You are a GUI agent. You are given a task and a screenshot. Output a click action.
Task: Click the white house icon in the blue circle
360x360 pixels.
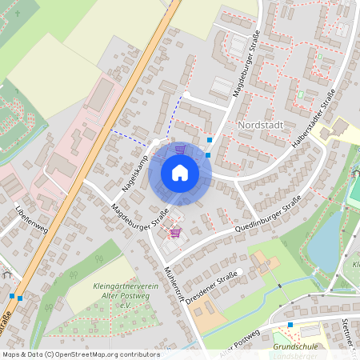180,172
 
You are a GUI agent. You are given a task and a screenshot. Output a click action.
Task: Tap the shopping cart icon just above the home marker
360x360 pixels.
180,149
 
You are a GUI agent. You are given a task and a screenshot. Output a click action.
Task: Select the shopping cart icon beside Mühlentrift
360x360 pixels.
175,233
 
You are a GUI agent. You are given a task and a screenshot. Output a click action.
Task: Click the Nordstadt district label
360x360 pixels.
261,126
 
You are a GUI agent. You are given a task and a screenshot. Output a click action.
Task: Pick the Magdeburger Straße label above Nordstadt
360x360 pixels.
246,71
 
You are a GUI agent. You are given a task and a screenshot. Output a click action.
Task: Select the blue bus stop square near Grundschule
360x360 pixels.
290,326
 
